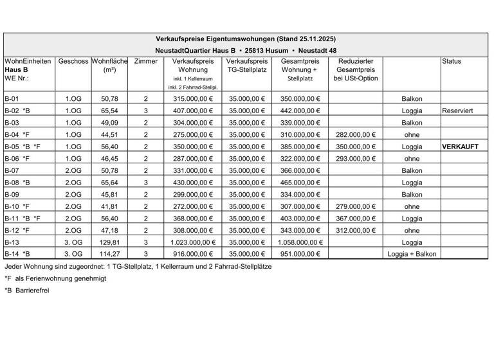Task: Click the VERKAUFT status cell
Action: click(x=460, y=147)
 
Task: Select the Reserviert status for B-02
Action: click(x=457, y=111)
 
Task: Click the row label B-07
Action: click(x=12, y=171)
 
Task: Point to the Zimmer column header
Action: click(x=146, y=62)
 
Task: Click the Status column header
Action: click(x=452, y=62)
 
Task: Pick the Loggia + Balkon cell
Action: click(x=412, y=254)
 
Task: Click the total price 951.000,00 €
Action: click(x=300, y=254)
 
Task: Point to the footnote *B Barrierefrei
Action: click(x=27, y=290)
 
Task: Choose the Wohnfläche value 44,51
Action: click(x=110, y=135)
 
